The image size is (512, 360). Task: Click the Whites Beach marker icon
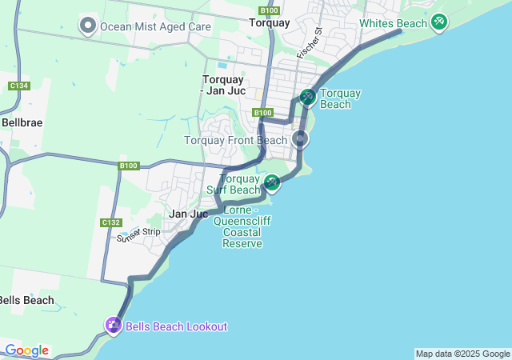[438, 22]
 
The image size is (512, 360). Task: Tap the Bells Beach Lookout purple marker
[113, 326]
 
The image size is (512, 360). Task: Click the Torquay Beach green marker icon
[307, 97]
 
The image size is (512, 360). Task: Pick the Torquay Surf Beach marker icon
[272, 183]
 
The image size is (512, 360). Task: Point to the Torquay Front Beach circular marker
[300, 140]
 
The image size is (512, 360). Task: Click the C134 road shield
[19, 86]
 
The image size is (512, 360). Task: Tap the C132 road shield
[111, 222]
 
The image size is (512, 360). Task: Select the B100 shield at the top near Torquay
[270, 10]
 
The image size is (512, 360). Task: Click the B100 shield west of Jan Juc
[129, 166]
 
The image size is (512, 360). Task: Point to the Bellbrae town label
[22, 123]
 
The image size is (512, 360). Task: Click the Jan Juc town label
[189, 214]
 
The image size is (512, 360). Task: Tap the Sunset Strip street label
[138, 234]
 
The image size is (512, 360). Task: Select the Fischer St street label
[309, 43]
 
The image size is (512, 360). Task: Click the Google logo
[26, 350]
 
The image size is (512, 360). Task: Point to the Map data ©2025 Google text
[462, 354]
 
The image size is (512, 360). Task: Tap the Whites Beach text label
[393, 23]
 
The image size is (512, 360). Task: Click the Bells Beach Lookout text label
[176, 326]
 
